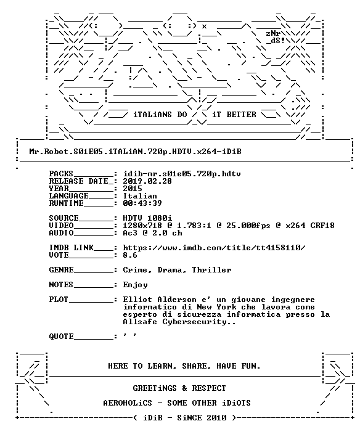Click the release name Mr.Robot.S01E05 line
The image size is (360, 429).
(135, 152)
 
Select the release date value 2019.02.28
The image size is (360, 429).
(147, 181)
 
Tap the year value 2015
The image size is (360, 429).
(133, 189)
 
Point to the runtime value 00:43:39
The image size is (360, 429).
(142, 203)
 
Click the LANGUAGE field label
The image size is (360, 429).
(68, 196)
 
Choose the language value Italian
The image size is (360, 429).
(140, 196)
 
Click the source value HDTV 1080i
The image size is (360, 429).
(147, 218)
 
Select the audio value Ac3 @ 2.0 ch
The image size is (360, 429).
(152, 233)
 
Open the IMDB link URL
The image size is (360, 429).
(214, 248)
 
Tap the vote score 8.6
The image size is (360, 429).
(130, 255)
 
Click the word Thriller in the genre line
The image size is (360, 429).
(211, 270)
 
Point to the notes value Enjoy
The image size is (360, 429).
(135, 285)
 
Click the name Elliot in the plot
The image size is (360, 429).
(137, 300)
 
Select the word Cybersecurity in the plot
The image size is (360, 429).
(194, 322)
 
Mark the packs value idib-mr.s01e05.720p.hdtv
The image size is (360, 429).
(182, 174)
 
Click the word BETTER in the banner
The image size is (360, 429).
(241, 115)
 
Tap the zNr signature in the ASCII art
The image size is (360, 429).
(273, 33)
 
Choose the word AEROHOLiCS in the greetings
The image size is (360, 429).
(128, 403)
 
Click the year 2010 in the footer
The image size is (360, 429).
(216, 418)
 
